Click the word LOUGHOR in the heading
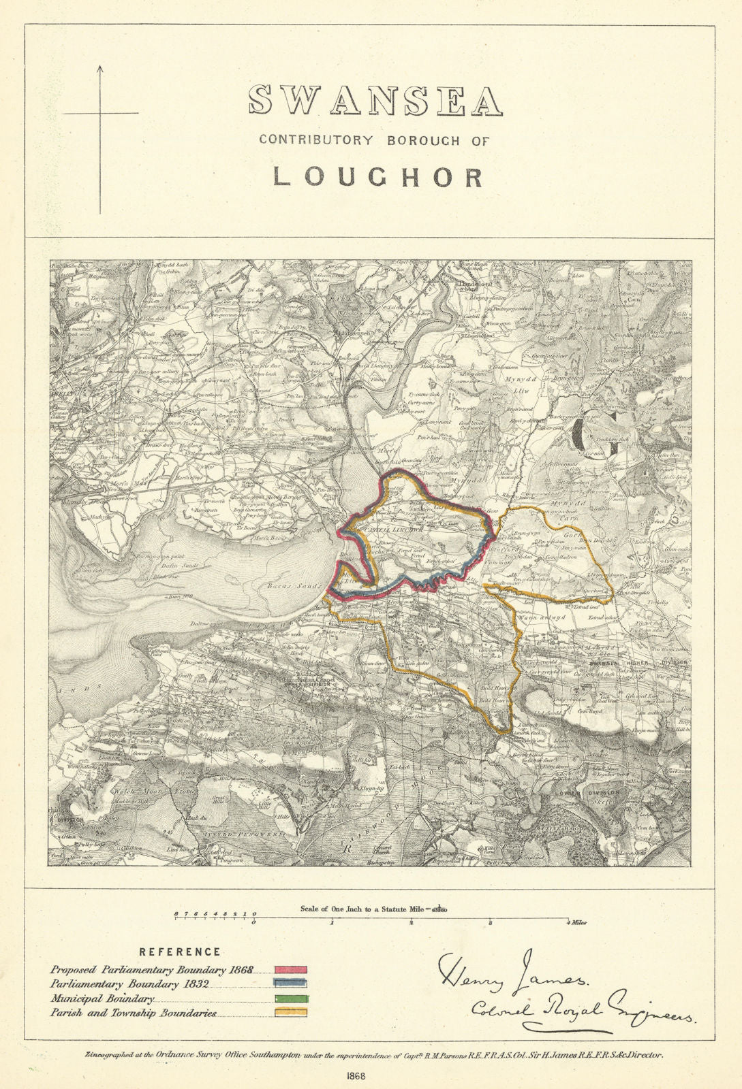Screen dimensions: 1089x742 378,176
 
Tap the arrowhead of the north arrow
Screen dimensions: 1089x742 99,69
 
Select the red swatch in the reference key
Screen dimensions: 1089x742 291,969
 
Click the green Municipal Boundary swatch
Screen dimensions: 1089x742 291,999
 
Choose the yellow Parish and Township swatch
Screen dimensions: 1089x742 291,1013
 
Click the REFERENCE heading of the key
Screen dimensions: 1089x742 179,952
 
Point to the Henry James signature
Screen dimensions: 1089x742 512,973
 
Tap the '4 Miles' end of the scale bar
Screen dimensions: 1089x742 576,924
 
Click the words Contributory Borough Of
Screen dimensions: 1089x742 373,140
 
